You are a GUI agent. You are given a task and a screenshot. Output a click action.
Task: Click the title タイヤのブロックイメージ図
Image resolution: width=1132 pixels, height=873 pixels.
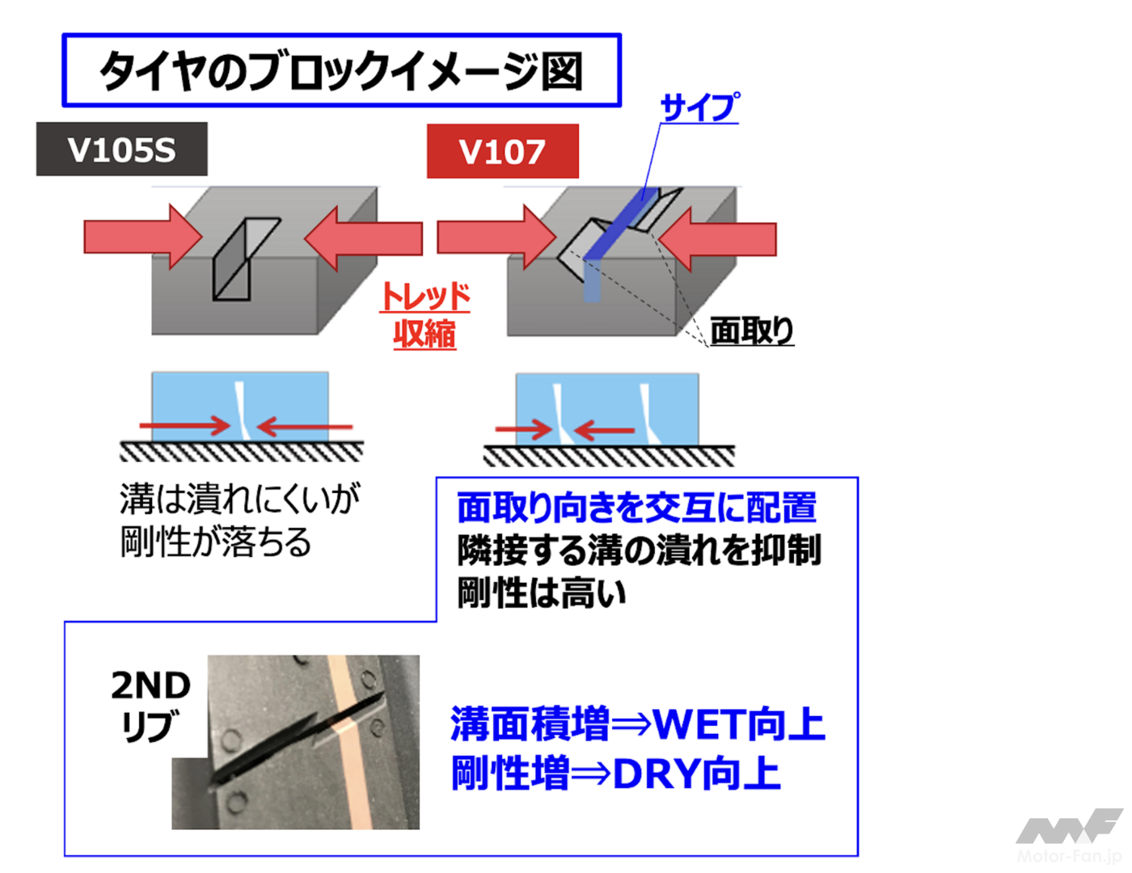tap(340, 71)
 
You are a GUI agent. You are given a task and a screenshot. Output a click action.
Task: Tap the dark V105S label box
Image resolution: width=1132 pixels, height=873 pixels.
tap(121, 150)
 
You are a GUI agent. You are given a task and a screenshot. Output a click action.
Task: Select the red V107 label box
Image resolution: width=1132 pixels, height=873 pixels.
tap(502, 151)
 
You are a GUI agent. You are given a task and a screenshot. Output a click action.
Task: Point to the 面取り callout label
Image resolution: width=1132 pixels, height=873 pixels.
tap(751, 331)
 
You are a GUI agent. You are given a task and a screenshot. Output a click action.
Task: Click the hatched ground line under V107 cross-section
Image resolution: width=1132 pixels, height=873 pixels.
tap(609, 456)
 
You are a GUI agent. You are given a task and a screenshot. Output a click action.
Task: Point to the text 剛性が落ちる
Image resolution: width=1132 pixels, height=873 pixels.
tap(216, 542)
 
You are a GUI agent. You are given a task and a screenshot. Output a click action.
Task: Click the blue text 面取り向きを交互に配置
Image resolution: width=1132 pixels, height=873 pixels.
tap(637, 508)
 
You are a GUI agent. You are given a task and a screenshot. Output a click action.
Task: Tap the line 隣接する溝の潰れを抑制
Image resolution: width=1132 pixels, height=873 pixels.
tap(639, 550)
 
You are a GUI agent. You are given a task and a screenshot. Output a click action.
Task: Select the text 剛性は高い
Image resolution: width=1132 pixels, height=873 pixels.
tap(542, 593)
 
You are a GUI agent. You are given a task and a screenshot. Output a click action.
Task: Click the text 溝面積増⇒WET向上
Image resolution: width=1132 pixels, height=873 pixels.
tap(637, 723)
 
